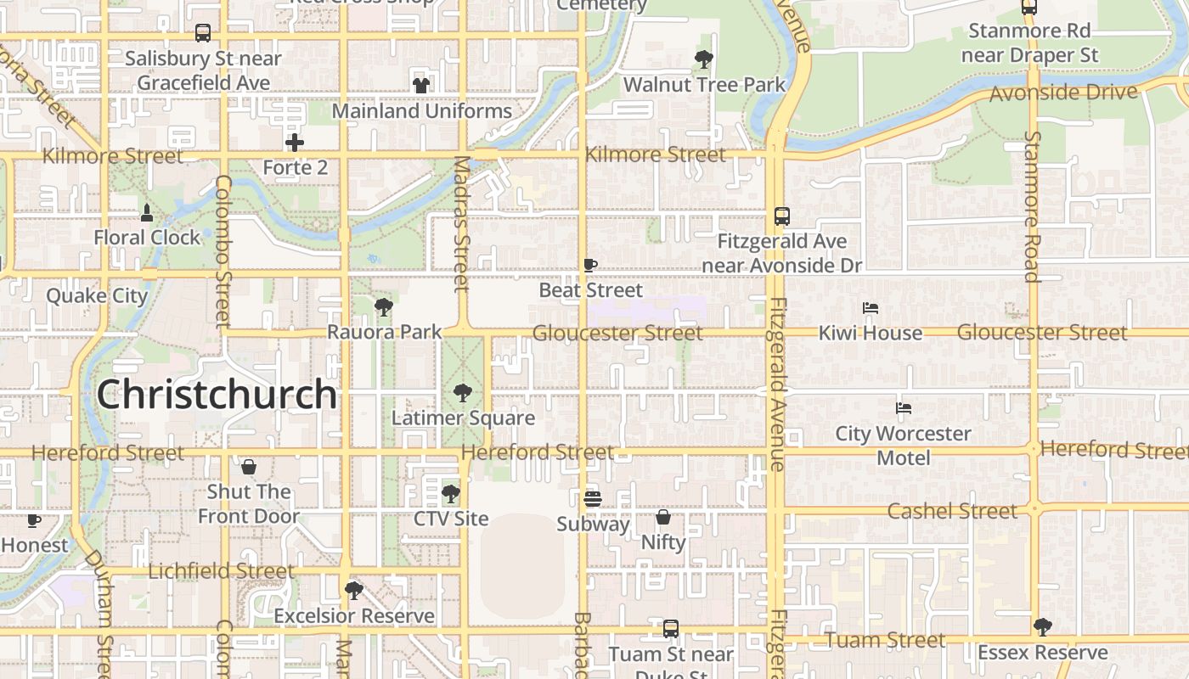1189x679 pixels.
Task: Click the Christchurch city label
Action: [217, 395]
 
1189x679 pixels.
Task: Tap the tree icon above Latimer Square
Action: [463, 392]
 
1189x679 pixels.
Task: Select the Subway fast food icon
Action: [593, 499]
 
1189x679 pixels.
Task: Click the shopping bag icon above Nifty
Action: [663, 516]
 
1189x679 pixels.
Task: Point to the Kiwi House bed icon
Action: [871, 308]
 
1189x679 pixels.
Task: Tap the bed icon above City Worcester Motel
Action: [904, 408]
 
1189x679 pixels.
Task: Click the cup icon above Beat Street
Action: [590, 265]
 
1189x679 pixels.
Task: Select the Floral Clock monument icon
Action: [147, 212]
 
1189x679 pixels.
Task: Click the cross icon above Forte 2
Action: [295, 142]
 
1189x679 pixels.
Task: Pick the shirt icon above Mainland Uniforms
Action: [421, 85]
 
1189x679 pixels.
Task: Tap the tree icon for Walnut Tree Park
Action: [704, 59]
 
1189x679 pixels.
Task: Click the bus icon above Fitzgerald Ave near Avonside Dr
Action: [782, 216]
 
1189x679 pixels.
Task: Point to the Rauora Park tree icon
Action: [384, 306]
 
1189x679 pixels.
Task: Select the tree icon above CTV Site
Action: [451, 493]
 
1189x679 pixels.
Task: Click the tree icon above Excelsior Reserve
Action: [354, 590]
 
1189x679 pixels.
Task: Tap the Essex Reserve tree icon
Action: [1042, 627]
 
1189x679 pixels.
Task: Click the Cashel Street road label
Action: [952, 511]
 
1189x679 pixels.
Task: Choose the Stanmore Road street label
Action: [1032, 206]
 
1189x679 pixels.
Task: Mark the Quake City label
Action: [97, 296]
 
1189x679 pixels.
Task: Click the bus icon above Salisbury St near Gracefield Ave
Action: [203, 33]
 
